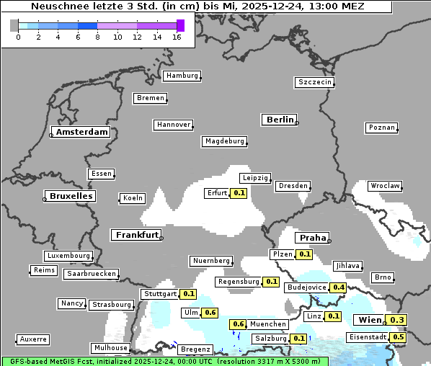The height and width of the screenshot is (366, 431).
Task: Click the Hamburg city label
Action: tap(182, 76)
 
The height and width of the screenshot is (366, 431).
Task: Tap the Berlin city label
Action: tap(280, 120)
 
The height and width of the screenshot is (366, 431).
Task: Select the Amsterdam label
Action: tap(81, 133)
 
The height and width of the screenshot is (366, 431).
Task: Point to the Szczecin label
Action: tap(315, 82)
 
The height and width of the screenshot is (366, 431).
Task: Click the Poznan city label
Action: tap(381, 128)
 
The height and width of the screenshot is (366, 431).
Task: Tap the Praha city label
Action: tap(313, 238)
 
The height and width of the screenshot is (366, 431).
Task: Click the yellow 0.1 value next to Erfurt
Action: tap(239, 193)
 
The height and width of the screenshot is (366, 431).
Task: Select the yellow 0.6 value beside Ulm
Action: tap(210, 313)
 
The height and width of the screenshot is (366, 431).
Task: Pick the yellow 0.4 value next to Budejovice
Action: tap(338, 287)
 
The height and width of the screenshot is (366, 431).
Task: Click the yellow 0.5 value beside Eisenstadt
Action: tap(399, 337)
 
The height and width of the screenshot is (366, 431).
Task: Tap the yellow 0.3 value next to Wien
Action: tap(397, 320)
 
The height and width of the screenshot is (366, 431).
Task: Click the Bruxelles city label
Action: tap(70, 196)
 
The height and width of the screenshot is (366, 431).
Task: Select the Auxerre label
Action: tap(33, 339)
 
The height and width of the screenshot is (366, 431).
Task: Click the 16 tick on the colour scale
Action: tap(177, 37)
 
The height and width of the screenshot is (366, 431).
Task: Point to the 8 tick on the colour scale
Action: tap(98, 37)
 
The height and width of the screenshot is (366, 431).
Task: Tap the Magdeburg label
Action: tap(225, 141)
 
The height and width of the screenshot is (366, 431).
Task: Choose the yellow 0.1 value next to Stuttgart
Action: tap(188, 294)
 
